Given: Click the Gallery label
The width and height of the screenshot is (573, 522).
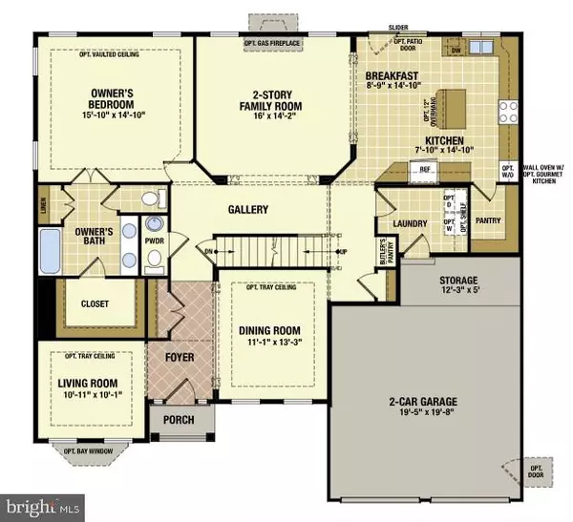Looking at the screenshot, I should coord(247,210).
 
